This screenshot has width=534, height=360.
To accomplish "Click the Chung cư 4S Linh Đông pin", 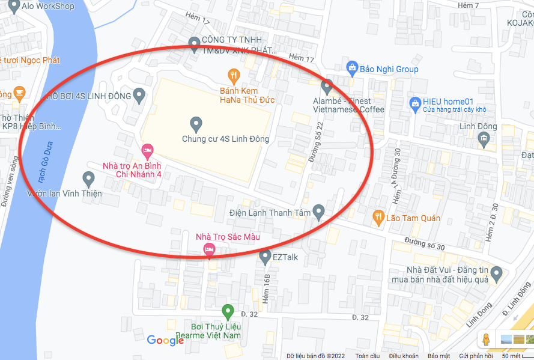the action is pyautogui.click(x=195, y=124).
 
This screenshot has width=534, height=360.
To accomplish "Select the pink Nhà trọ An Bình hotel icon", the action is pyautogui.click(x=147, y=150).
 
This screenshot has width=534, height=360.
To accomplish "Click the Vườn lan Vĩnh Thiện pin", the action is pyautogui.click(x=88, y=178).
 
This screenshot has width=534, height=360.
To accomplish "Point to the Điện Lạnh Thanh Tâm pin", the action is pyautogui.click(x=319, y=212).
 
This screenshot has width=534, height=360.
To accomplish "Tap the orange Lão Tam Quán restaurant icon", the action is pyautogui.click(x=378, y=216).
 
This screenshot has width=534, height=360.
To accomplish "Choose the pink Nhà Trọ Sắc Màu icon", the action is pyautogui.click(x=209, y=249).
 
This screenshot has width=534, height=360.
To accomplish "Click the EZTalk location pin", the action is pyautogui.click(x=265, y=257).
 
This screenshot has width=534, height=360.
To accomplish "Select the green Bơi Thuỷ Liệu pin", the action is pyautogui.click(x=227, y=311).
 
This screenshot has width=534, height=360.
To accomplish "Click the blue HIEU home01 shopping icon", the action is pyautogui.click(x=414, y=103).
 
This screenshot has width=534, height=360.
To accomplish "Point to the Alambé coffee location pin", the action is pyautogui.click(x=327, y=87).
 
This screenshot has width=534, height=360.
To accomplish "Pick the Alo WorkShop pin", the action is pyautogui.click(x=11, y=7).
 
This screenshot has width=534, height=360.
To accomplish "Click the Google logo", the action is pyautogui.click(x=165, y=341).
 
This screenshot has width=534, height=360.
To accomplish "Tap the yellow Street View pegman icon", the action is pyautogui.click(x=486, y=340).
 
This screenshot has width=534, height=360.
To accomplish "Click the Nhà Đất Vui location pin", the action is pyautogui.click(x=496, y=275).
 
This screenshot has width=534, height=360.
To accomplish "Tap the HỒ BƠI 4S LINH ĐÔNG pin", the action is pyautogui.click(x=139, y=95).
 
